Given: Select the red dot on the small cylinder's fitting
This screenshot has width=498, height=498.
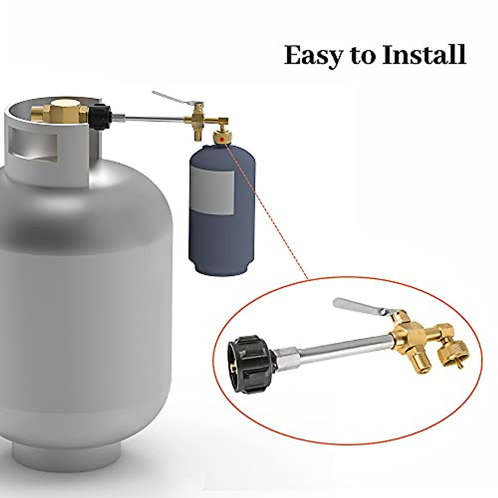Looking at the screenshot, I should click(223, 138).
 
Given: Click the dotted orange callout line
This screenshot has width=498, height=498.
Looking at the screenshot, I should click(270, 216).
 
